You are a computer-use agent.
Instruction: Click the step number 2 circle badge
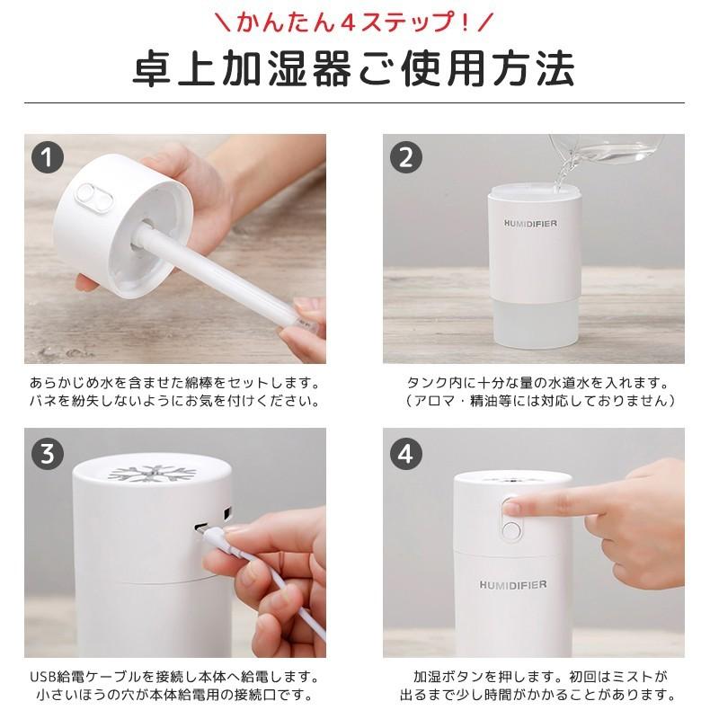(x=405, y=157)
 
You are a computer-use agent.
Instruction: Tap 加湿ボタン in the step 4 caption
(x=450, y=675)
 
